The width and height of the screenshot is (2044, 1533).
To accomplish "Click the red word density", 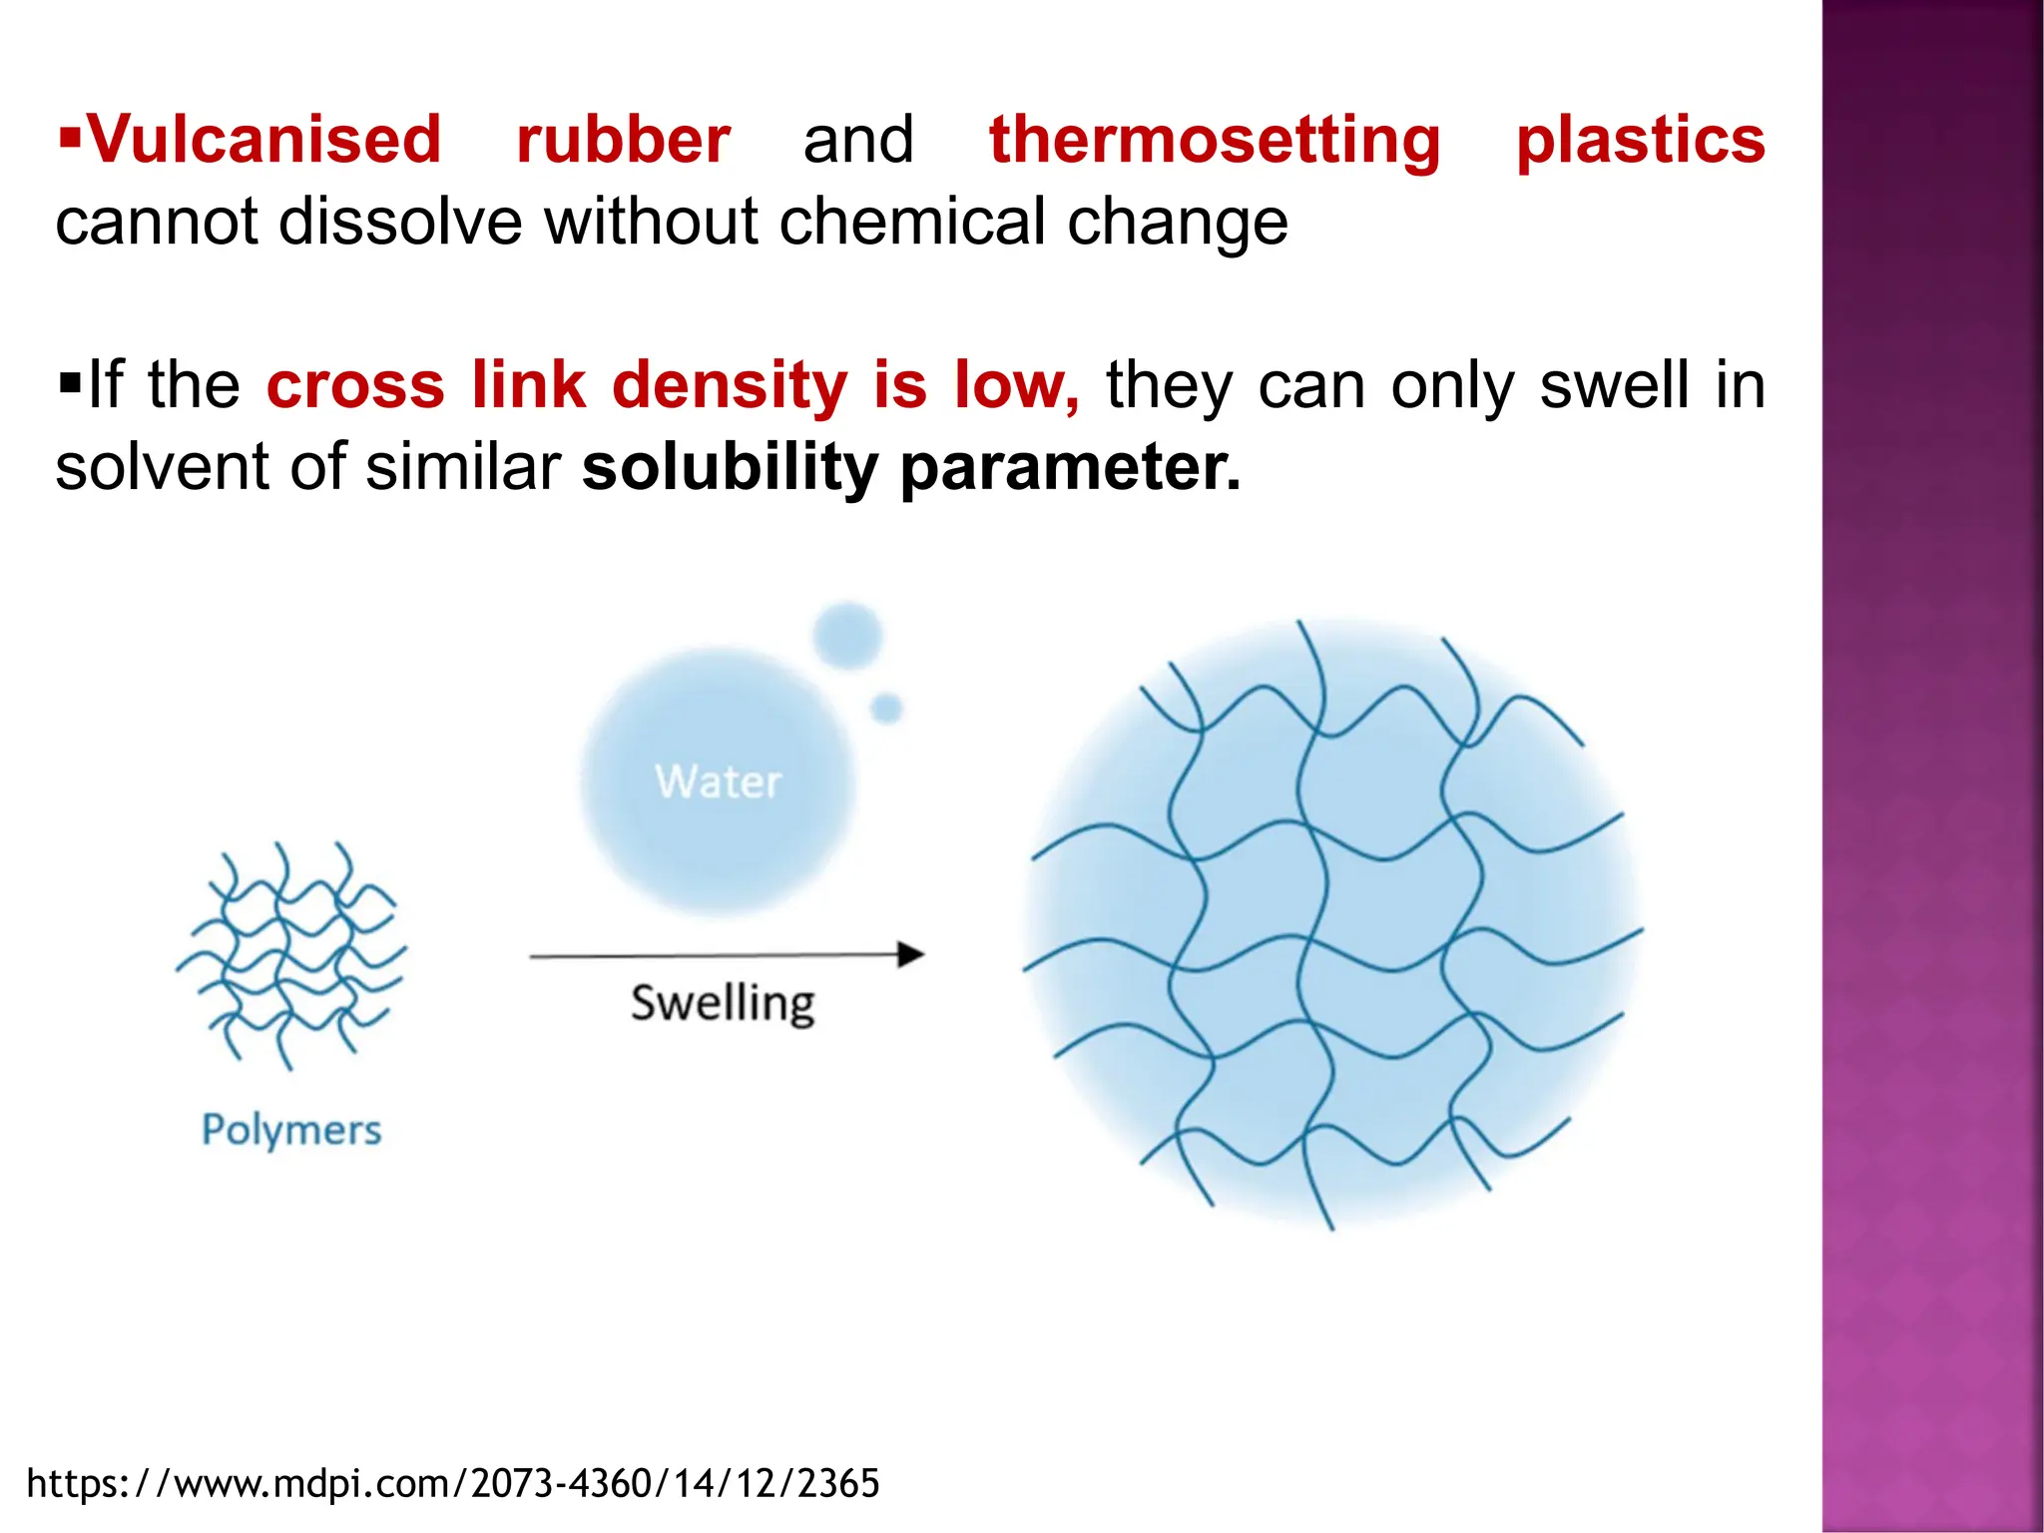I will click(x=730, y=385).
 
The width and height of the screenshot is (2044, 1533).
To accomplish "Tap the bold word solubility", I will click(x=729, y=467).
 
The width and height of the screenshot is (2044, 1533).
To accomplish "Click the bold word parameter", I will click(x=1070, y=469).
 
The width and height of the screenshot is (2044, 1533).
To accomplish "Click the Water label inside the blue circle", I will click(x=718, y=781).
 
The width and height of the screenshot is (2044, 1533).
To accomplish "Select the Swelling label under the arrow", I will click(x=723, y=1003).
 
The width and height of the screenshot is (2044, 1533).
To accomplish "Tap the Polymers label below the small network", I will click(x=291, y=1130).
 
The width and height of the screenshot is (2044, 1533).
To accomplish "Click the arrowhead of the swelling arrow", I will click(x=910, y=955).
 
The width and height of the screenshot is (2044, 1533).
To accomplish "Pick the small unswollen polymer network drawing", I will click(x=290, y=953).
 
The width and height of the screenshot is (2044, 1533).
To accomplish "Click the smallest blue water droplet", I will click(x=886, y=709).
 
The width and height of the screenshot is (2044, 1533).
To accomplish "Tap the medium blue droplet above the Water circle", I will click(x=847, y=635).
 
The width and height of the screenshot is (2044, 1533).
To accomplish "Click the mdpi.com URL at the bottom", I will click(x=453, y=1484).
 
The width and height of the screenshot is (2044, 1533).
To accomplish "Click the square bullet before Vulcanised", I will click(x=69, y=134).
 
